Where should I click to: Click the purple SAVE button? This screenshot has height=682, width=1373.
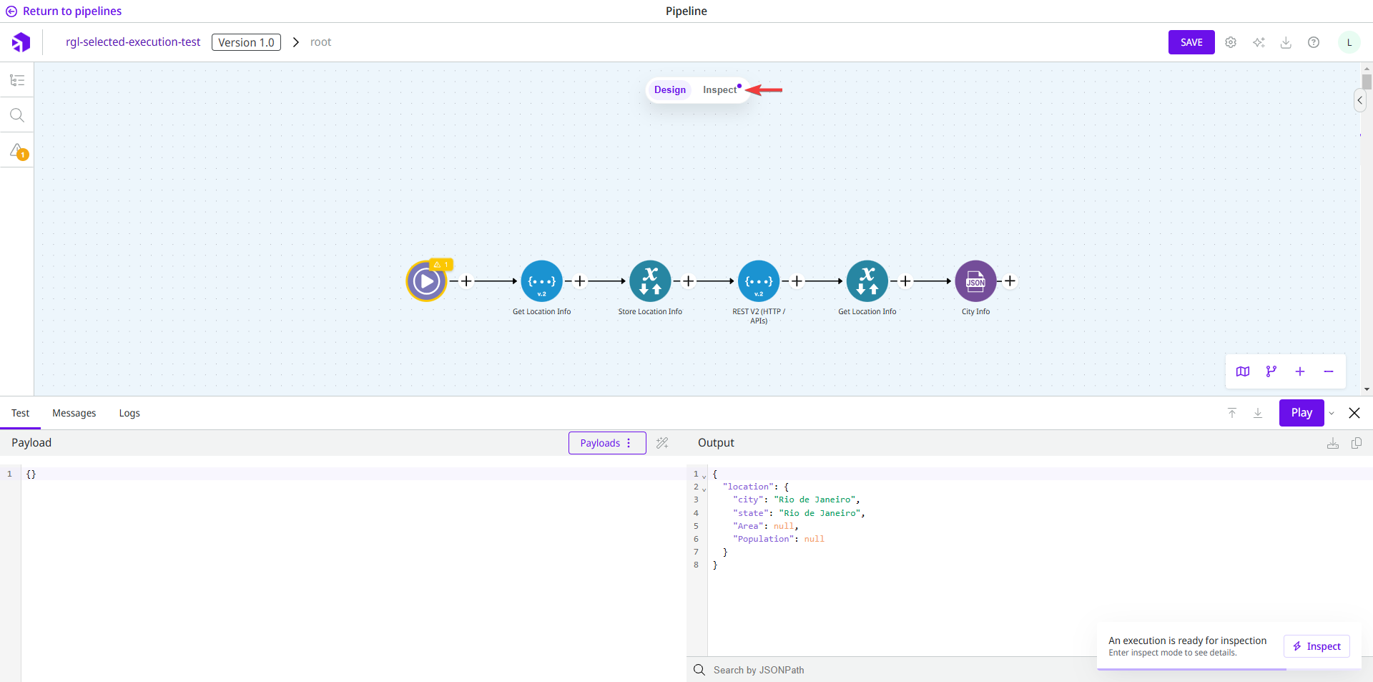[x=1191, y=42]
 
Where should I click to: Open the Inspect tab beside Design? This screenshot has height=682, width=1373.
[x=719, y=90]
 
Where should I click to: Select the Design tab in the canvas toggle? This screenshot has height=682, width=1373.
[x=669, y=90]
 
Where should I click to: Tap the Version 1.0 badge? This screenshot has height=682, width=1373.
[x=246, y=42]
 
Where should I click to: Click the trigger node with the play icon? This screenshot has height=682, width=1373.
[x=426, y=281]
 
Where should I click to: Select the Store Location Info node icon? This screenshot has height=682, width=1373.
[x=650, y=281]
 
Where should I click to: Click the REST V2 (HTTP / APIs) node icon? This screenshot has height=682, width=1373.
[x=759, y=281]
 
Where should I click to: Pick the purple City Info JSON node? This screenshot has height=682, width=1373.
[x=975, y=281]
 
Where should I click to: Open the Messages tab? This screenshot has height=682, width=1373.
[x=74, y=413]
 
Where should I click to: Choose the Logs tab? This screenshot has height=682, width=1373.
[x=129, y=413]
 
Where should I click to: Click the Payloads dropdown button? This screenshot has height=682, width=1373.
[x=606, y=443]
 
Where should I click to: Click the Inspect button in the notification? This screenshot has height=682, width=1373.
[x=1317, y=646]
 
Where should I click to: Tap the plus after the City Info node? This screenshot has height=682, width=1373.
[x=1010, y=281]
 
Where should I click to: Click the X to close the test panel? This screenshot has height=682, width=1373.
[x=1354, y=413]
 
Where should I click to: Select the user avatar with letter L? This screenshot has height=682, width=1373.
[x=1349, y=42]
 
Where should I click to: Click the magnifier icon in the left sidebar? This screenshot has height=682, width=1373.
[x=17, y=115]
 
